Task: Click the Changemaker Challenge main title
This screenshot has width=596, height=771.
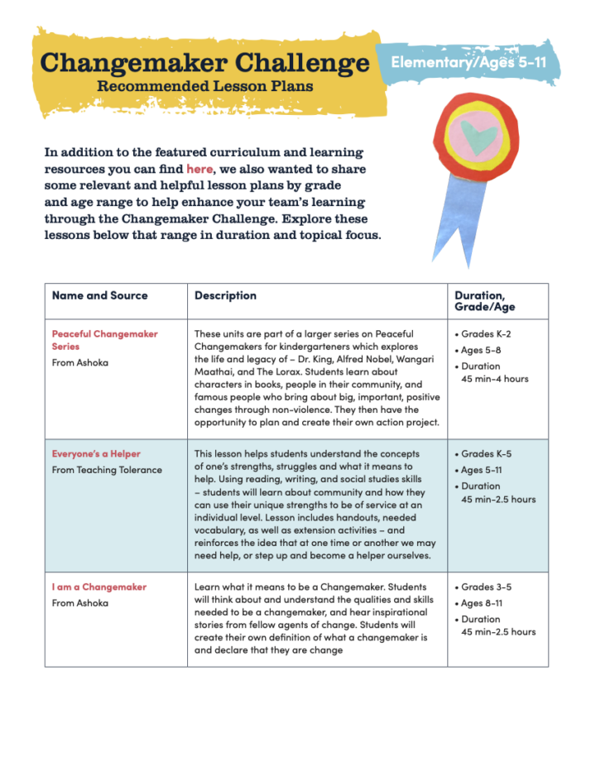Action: click(x=204, y=63)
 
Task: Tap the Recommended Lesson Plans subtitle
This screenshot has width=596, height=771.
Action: click(x=204, y=86)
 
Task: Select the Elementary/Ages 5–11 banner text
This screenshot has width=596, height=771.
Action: click(x=469, y=62)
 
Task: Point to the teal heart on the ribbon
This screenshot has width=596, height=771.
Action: click(x=475, y=136)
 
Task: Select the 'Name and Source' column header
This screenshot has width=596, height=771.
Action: click(x=99, y=295)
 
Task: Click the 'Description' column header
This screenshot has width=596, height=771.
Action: click(x=225, y=295)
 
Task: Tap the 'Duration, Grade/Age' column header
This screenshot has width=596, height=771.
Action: click(x=479, y=301)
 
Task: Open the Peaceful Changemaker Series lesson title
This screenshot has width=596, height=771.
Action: click(x=104, y=340)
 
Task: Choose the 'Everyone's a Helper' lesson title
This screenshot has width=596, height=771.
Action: click(x=96, y=454)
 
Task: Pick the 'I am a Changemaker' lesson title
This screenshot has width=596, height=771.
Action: click(x=99, y=587)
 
